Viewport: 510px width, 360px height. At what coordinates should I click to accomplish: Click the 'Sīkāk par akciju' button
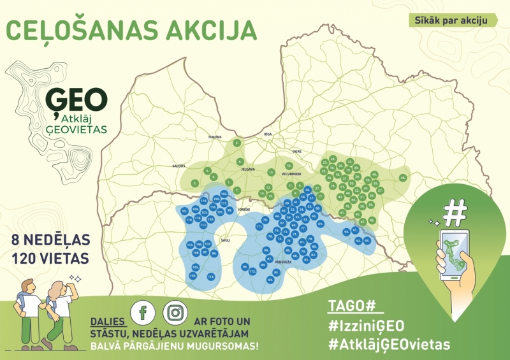point(453,20)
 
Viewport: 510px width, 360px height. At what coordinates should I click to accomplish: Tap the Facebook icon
point(143,312)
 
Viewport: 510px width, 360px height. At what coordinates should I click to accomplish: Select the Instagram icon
point(175,312)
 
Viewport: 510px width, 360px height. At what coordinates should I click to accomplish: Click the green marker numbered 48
point(402,178)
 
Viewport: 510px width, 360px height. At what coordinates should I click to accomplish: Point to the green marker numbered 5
point(237,143)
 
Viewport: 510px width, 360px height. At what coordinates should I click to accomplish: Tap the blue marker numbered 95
point(184,210)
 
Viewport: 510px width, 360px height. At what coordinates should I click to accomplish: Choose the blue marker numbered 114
point(210,277)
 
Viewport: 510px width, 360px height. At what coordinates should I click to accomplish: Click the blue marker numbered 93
point(367,240)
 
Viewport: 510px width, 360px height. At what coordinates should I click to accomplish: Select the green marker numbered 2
point(195,183)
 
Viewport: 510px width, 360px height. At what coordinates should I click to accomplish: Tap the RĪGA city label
point(268,135)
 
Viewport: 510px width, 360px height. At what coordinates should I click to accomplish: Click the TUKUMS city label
point(214,137)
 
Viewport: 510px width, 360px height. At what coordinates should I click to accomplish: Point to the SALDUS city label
point(178,166)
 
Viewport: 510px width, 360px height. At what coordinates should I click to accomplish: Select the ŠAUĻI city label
point(224,240)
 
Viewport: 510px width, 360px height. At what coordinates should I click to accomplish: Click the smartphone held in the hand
point(454,254)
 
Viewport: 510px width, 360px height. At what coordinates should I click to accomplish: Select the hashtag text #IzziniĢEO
point(366,326)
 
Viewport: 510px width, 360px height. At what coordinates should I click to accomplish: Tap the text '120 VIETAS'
point(50,259)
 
